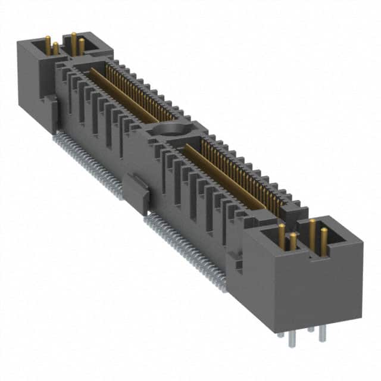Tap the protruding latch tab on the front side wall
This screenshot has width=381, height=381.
[x=138, y=193]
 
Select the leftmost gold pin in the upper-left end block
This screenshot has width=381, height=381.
[x=48, y=44]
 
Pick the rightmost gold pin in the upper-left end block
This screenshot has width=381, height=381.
[x=82, y=46]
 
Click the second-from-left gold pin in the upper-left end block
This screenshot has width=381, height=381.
[x=55, y=48]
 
